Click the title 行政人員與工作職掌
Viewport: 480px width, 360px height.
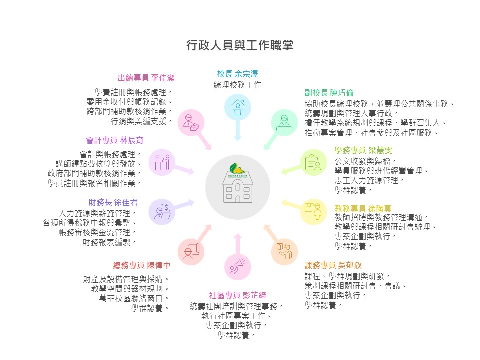(239, 45)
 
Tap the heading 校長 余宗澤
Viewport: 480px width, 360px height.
(237, 73)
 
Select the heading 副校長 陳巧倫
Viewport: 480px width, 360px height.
(329, 92)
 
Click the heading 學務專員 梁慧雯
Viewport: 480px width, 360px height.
(363, 150)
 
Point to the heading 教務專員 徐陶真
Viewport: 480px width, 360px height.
(363, 207)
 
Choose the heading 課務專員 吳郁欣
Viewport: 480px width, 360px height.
(334, 265)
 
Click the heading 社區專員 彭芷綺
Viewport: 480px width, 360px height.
(237, 295)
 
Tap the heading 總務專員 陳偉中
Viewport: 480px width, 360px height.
(142, 265)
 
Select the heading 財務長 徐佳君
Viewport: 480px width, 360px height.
(113, 202)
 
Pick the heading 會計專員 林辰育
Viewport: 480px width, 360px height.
(115, 140)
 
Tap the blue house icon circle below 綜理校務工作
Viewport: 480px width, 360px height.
(237, 106)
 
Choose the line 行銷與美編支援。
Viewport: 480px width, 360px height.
(142, 121)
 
